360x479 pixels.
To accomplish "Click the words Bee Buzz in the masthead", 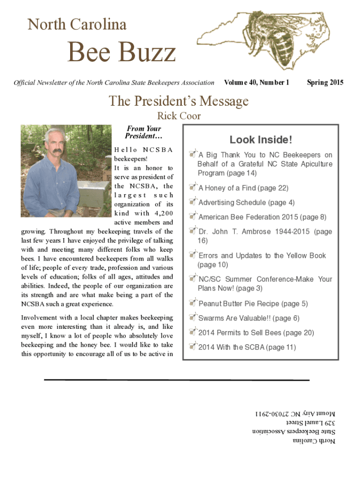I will [122, 52].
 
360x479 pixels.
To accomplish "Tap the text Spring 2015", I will [325, 83].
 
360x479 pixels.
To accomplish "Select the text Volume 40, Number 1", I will [257, 83].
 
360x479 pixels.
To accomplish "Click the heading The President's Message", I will [179, 101].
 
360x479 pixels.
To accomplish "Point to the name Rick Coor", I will [179, 116].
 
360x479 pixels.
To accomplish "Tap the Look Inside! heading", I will [261, 139].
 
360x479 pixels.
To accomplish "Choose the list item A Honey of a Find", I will [243, 188].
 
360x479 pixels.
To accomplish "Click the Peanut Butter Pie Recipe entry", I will [253, 304].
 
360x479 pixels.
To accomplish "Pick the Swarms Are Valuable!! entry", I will [249, 318].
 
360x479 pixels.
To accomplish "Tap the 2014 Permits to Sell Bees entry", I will [250, 333].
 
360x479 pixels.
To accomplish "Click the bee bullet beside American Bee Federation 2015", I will [193, 217].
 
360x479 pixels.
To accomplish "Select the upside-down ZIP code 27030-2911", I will [272, 414].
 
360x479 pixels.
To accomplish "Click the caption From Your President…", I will [143, 132].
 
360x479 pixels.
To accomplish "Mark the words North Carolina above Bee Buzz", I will [77, 24].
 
